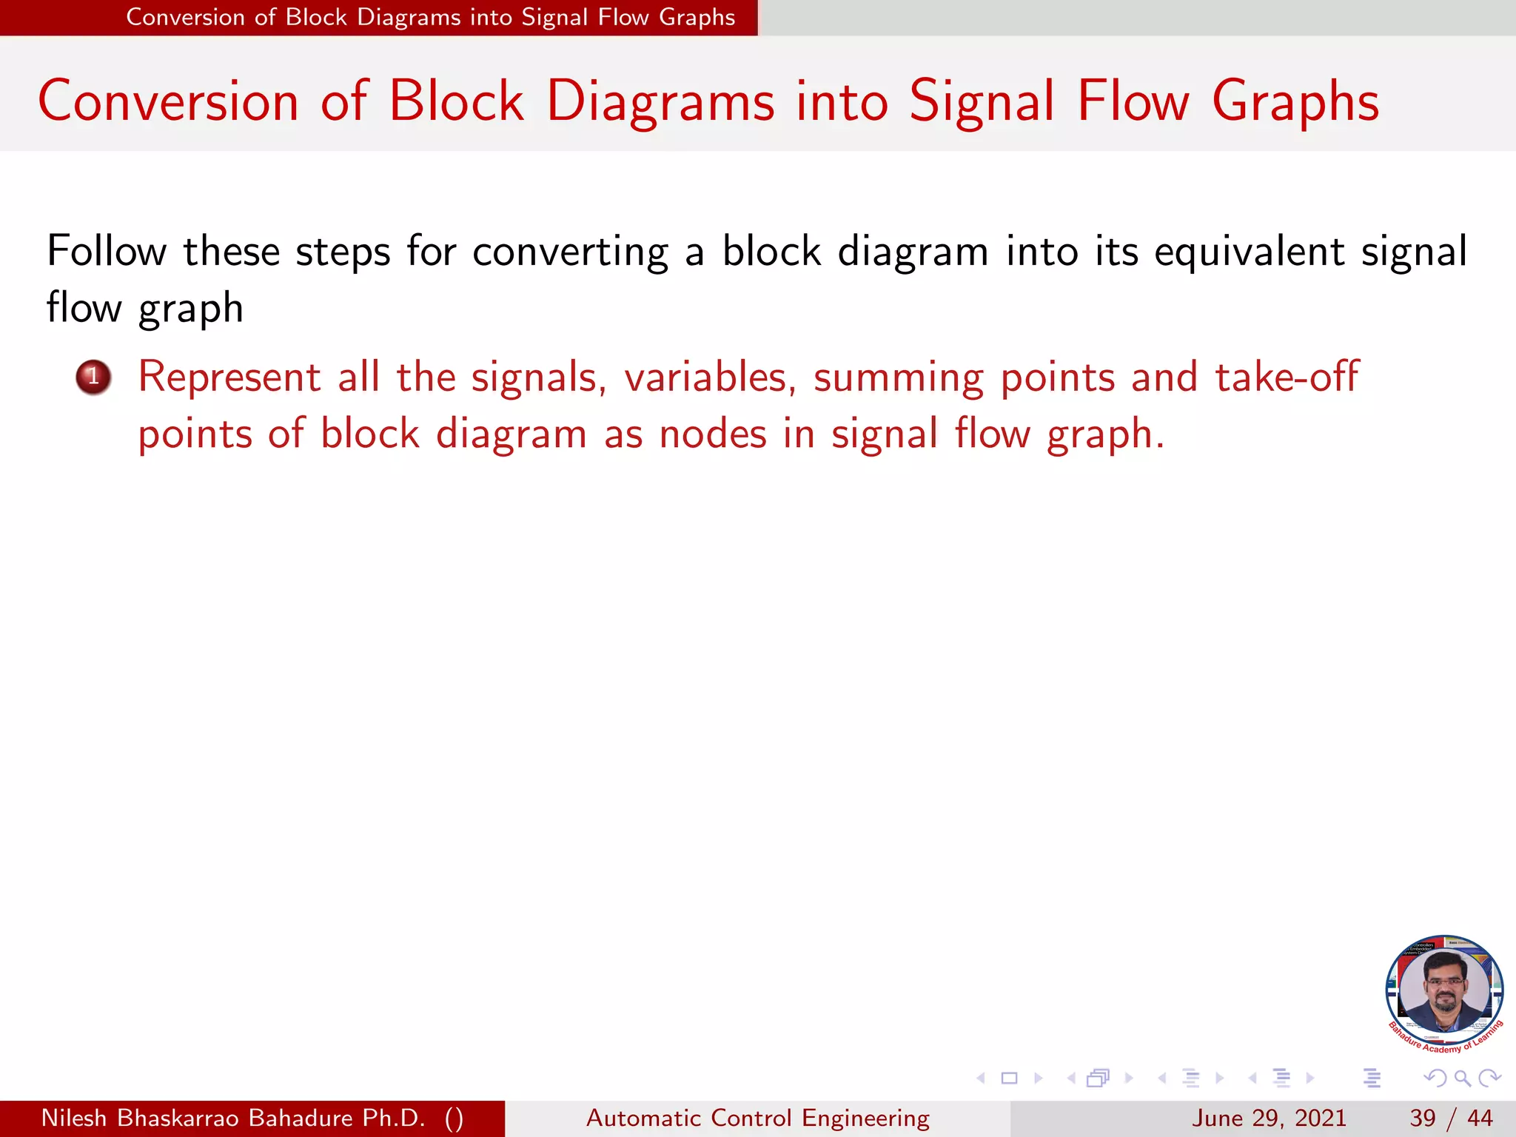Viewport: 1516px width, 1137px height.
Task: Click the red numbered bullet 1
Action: [x=93, y=377]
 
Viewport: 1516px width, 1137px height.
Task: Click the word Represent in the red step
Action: [x=229, y=378]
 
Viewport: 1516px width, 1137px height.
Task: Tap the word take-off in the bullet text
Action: [x=1287, y=378]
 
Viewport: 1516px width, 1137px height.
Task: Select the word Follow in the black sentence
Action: [x=107, y=252]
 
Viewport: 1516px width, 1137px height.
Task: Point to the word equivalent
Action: [x=1249, y=252]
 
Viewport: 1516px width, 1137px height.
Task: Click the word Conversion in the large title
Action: [x=168, y=101]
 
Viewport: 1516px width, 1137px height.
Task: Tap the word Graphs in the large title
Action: [x=1295, y=101]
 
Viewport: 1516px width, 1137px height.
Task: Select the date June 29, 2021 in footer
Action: [x=1269, y=1118]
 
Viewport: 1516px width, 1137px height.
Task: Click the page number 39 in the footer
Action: [x=1423, y=1118]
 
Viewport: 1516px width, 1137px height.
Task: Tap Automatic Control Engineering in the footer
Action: [x=757, y=1118]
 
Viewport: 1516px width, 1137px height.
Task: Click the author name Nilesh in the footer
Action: [x=74, y=1118]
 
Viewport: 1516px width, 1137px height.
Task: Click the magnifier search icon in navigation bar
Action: [x=1462, y=1078]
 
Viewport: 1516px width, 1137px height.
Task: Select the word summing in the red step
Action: [x=899, y=378]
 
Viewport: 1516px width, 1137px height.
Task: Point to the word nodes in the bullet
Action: [x=713, y=434]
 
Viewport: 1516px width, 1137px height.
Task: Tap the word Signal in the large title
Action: [x=982, y=101]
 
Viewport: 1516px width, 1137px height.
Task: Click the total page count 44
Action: [x=1480, y=1118]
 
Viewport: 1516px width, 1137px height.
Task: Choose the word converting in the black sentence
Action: [x=570, y=252]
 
